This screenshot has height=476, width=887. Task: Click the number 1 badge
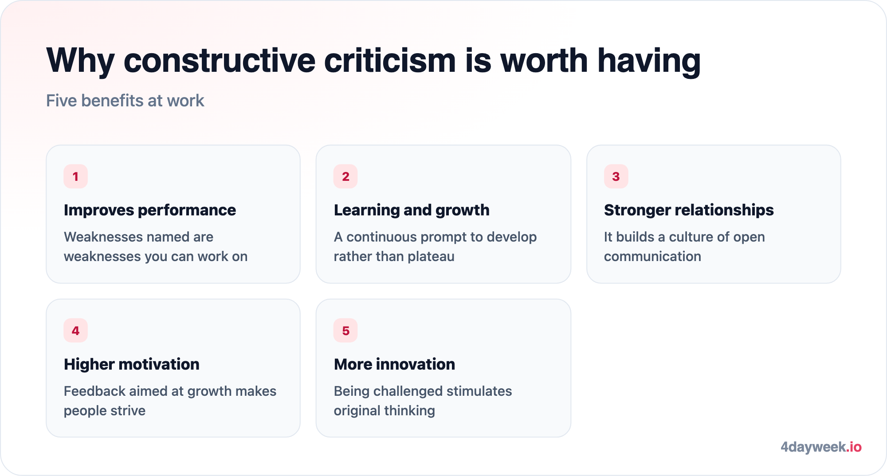coord(75,176)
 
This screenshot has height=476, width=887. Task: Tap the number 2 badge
coord(345,176)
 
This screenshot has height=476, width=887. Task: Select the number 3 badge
coord(616,176)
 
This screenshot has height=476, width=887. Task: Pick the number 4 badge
coord(75,331)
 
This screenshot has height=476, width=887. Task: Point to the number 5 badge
coord(345,331)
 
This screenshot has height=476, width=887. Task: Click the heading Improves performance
coord(150,210)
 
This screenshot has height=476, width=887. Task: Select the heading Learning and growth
coord(412,210)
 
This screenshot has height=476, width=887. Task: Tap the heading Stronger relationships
coord(689,210)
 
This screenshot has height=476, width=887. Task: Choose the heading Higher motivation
coord(132,364)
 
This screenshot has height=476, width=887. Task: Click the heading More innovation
coord(394,364)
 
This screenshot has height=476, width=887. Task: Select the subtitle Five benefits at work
coord(125,101)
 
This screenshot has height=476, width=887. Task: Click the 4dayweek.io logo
coord(821,447)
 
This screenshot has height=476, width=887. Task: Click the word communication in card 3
coord(652,256)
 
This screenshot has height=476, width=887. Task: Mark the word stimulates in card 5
coord(479,391)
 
